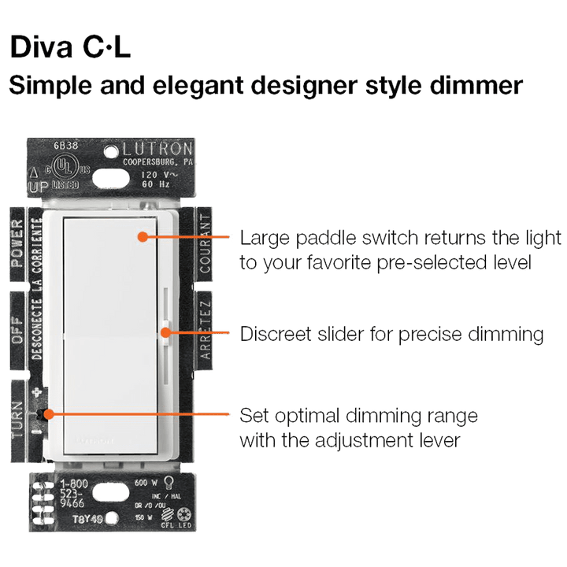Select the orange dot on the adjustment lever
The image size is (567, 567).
click(48, 413)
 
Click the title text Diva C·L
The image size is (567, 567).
click(70, 48)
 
